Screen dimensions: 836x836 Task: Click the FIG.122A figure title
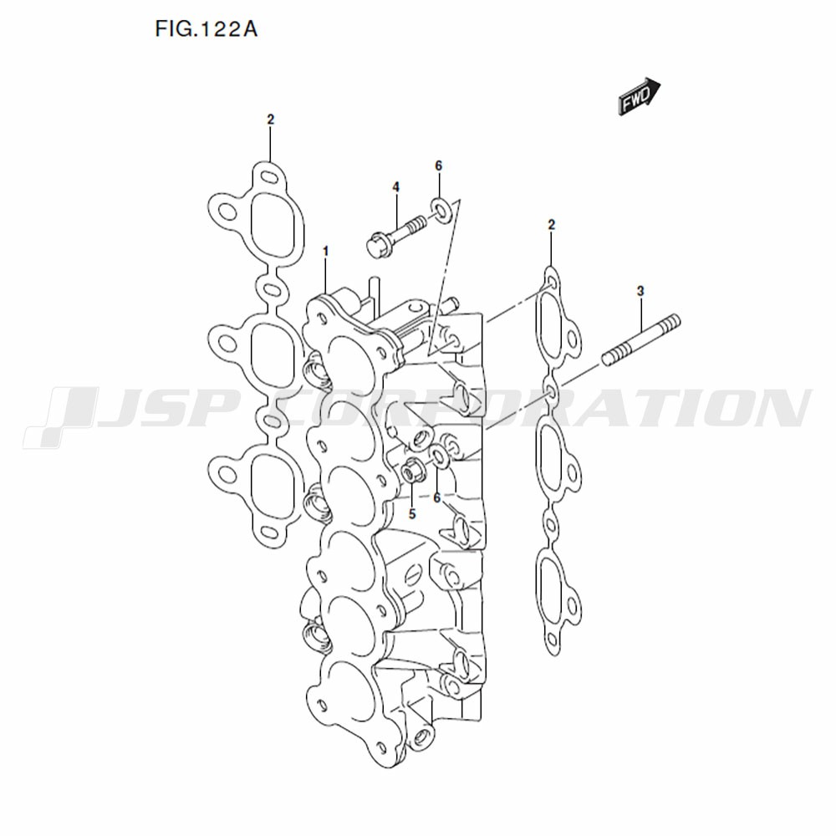(206, 29)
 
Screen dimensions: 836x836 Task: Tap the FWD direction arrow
(640, 96)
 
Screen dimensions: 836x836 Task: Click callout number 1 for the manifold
(326, 251)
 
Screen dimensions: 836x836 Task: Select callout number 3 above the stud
(640, 291)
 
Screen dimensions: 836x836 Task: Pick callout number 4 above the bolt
(395, 186)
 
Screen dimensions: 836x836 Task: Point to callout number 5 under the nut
(412, 513)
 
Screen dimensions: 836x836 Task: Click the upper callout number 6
(438, 166)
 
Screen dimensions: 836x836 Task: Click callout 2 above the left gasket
(270, 120)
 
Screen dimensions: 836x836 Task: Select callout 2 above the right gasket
(551, 224)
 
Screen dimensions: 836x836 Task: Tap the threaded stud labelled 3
(641, 339)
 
